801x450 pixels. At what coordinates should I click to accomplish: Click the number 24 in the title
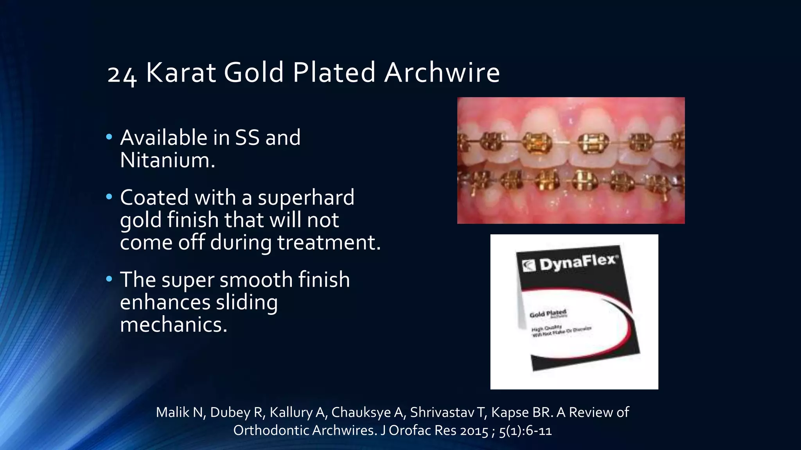tap(122, 74)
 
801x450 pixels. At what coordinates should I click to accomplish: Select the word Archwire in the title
tap(442, 73)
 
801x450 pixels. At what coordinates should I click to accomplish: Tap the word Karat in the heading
tap(180, 73)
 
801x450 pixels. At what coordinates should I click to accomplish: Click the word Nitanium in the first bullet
tap(167, 160)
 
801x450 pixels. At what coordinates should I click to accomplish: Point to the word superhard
tap(306, 198)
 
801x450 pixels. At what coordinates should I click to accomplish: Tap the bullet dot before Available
tap(109, 137)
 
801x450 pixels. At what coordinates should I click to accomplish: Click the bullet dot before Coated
tap(109, 197)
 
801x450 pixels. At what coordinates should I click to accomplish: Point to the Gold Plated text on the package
tap(548, 314)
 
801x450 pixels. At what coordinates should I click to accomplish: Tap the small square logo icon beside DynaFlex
tap(529, 266)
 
